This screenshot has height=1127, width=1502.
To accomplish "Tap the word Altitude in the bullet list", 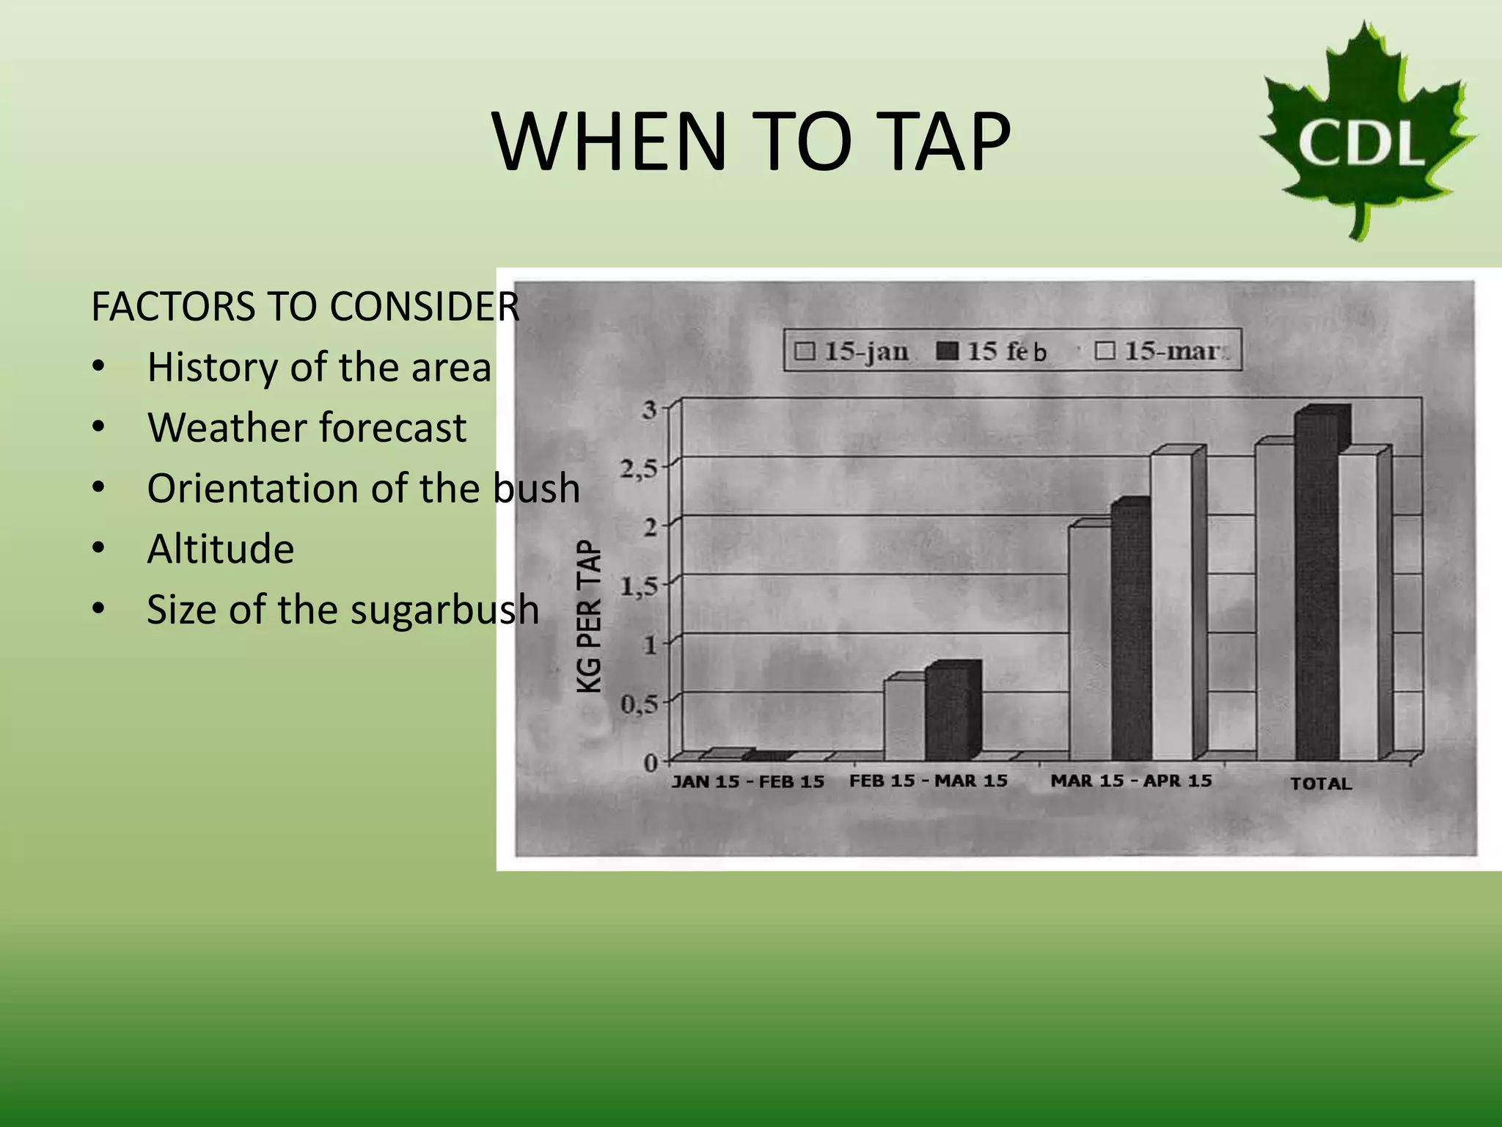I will [220, 549].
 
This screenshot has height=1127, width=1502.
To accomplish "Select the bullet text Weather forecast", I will [307, 428].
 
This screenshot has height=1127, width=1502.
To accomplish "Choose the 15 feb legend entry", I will [992, 351].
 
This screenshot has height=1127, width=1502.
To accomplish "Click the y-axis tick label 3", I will [649, 409].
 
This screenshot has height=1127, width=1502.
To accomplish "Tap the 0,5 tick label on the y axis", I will [639, 704].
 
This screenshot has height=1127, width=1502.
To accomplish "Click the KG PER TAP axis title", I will [589, 616].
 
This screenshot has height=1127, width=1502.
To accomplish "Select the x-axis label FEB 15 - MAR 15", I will [928, 781].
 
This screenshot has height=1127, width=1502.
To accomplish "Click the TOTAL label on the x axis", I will [1321, 784].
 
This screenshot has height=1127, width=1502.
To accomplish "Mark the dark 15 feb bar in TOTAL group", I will [1316, 587].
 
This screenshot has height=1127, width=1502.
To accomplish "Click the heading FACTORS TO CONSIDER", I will [305, 307].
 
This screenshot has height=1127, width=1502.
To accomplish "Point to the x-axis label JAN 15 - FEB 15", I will [748, 781].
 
